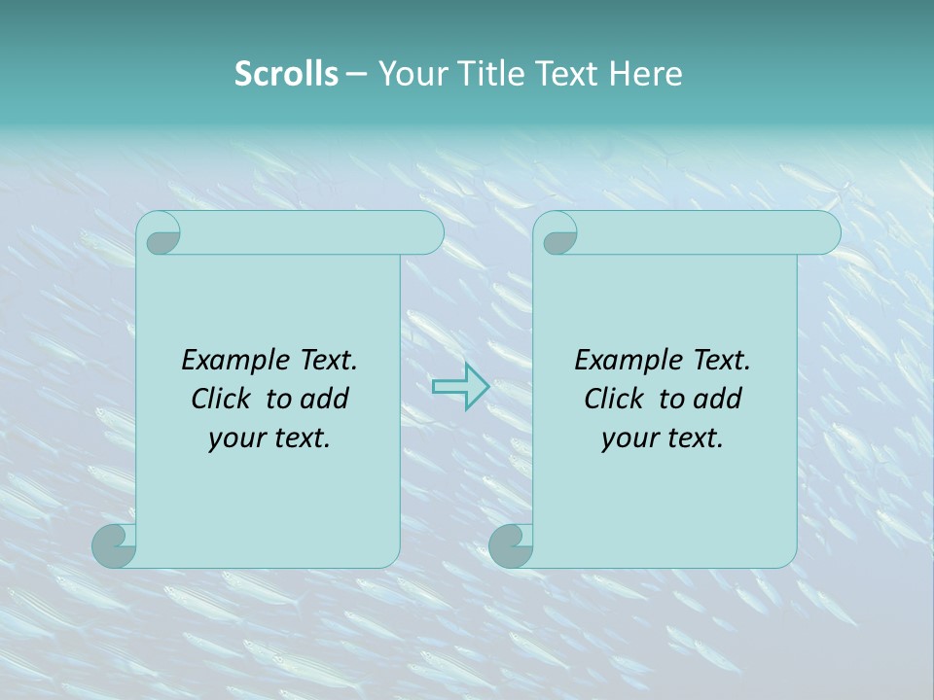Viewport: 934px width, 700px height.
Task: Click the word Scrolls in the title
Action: click(x=286, y=74)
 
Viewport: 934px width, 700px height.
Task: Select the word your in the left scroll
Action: click(x=234, y=438)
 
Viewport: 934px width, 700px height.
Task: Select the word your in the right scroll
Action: click(x=628, y=438)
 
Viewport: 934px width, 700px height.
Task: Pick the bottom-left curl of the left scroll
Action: click(x=114, y=544)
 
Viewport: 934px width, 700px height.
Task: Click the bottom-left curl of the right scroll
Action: click(x=511, y=544)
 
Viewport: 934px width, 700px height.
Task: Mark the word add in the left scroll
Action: click(x=326, y=399)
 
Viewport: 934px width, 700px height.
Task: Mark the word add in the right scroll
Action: click(x=719, y=399)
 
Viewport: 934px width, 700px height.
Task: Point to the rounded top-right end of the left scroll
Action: click(x=428, y=232)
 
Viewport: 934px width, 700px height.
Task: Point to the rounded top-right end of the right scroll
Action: click(x=825, y=232)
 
